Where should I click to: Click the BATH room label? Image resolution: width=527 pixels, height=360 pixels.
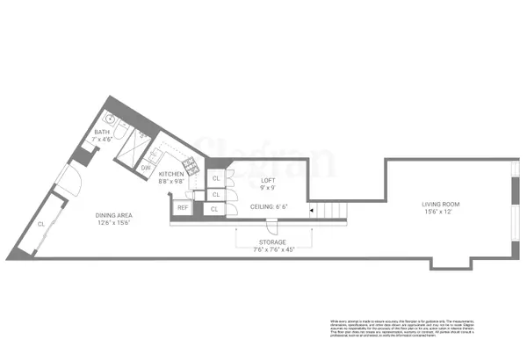[x=103, y=132]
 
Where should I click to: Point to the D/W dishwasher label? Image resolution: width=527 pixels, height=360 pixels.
[x=146, y=167]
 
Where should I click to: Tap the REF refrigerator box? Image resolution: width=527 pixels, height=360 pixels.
[x=183, y=207]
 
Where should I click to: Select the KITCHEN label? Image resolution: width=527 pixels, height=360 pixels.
[x=171, y=175]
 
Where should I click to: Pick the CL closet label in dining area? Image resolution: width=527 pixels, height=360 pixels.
[x=41, y=224]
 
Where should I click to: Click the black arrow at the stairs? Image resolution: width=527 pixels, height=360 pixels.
[x=310, y=210]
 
